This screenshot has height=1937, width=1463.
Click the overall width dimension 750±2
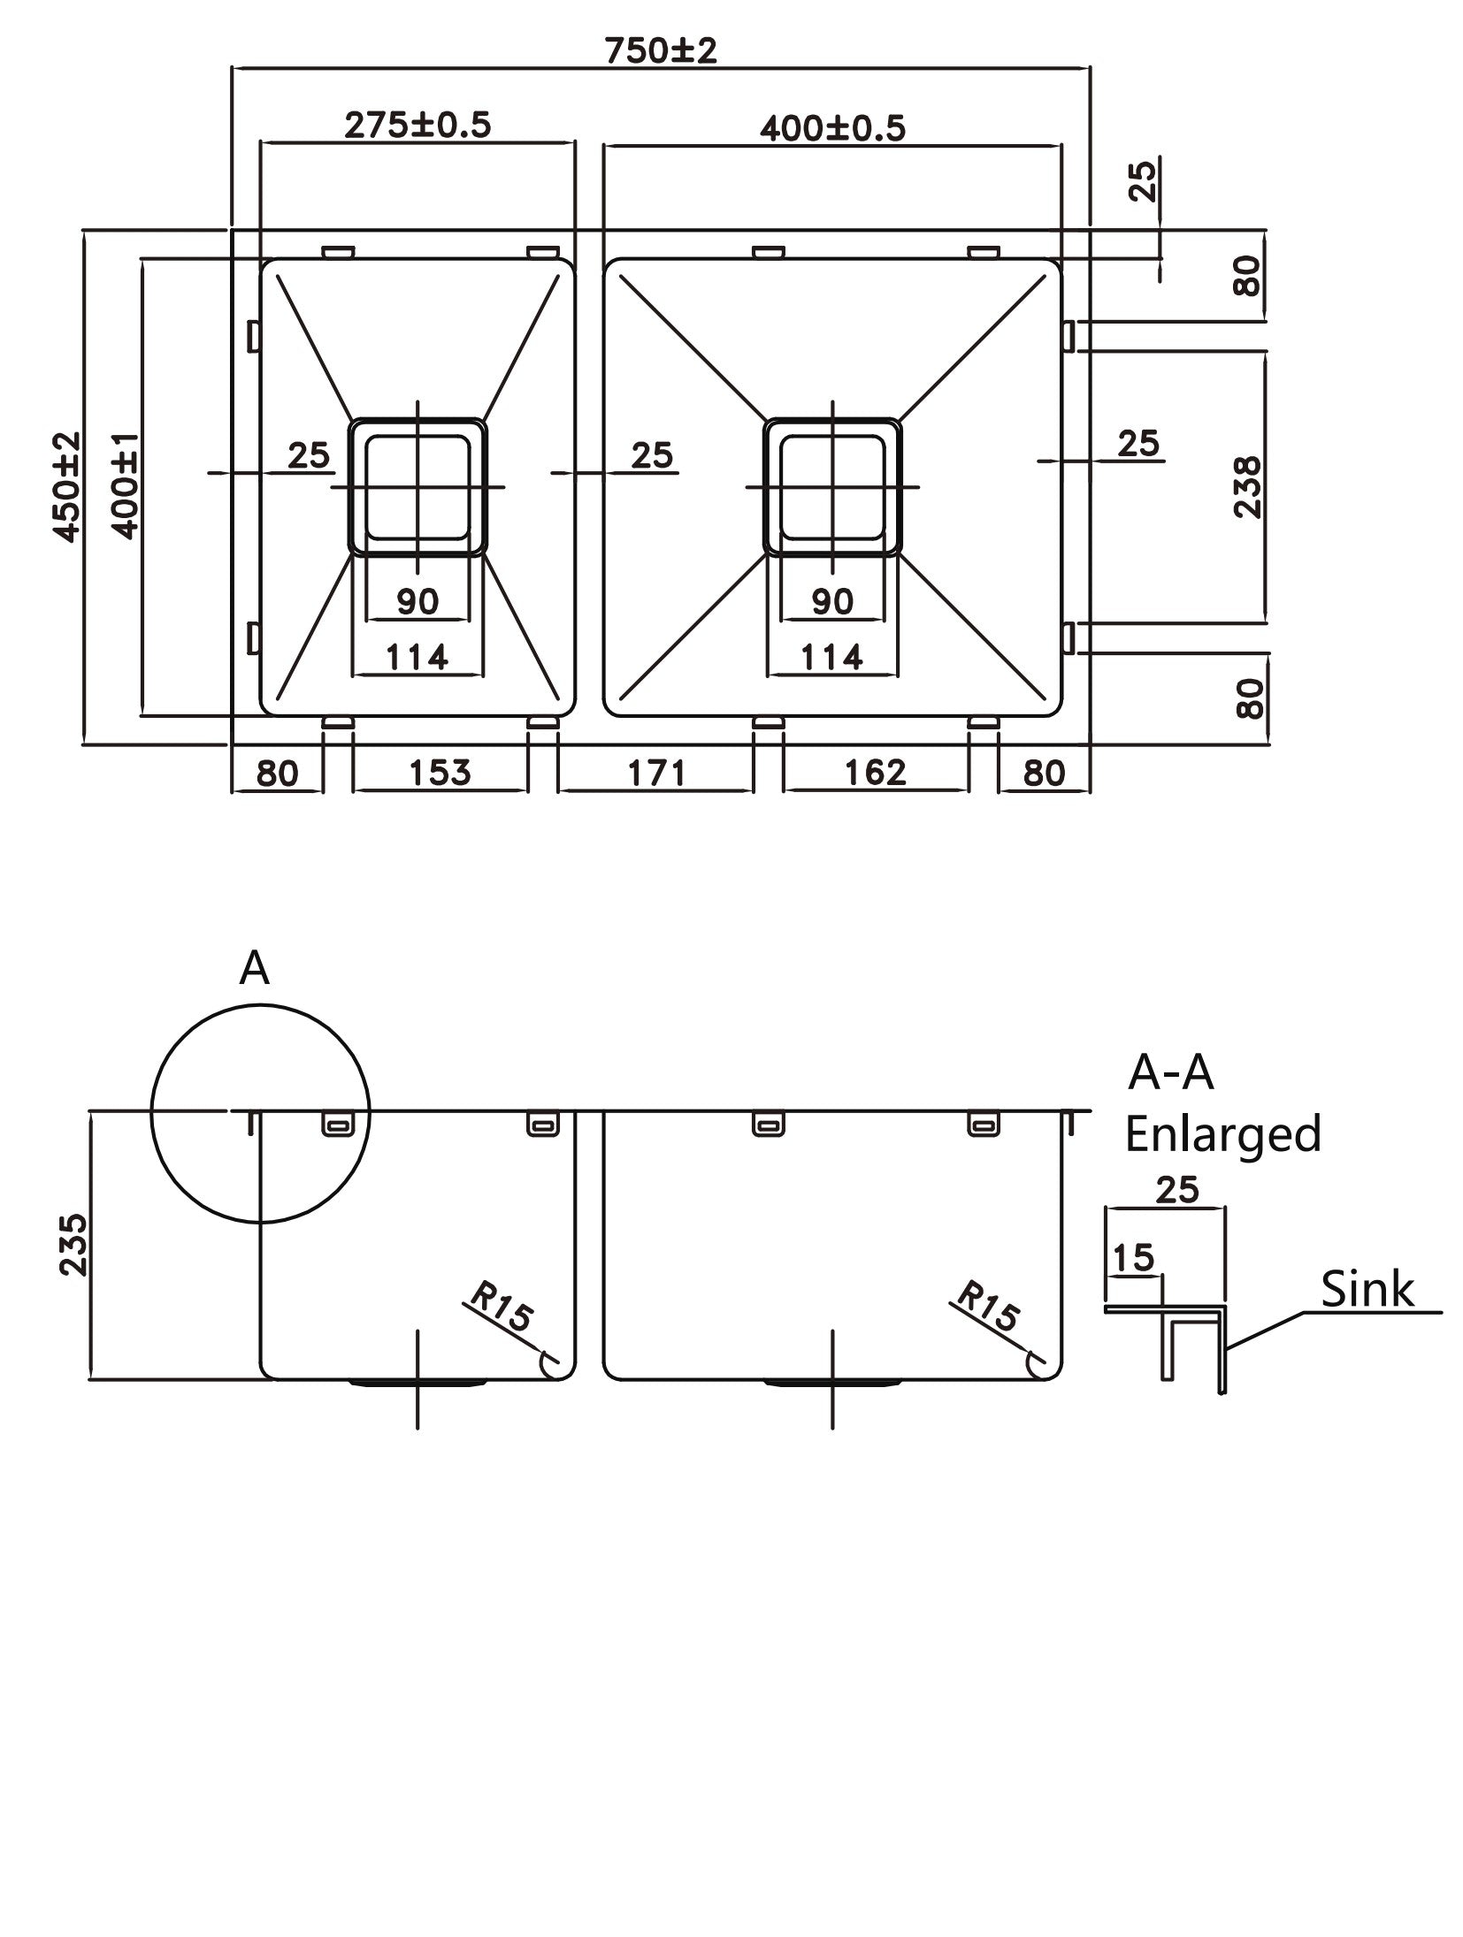(660, 51)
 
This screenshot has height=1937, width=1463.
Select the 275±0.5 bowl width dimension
(417, 125)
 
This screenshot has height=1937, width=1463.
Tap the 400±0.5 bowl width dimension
(832, 129)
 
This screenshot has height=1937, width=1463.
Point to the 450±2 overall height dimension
(67, 486)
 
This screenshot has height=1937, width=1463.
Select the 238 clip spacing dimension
(1247, 486)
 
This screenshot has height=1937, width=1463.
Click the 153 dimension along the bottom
(440, 772)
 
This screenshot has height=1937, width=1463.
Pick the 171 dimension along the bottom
(655, 773)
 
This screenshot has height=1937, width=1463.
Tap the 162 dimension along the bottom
(875, 772)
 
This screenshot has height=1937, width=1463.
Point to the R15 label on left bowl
(501, 1308)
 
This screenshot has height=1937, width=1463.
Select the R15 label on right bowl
(986, 1308)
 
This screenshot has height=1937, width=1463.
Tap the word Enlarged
(1222, 1134)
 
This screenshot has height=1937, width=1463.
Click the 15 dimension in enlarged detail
(1133, 1256)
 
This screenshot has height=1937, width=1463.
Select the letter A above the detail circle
(254, 969)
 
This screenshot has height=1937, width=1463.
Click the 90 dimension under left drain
(417, 602)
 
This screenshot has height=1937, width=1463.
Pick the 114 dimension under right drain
(831, 657)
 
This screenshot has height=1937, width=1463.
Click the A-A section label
(1170, 1073)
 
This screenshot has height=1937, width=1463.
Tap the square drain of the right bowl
(832, 486)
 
